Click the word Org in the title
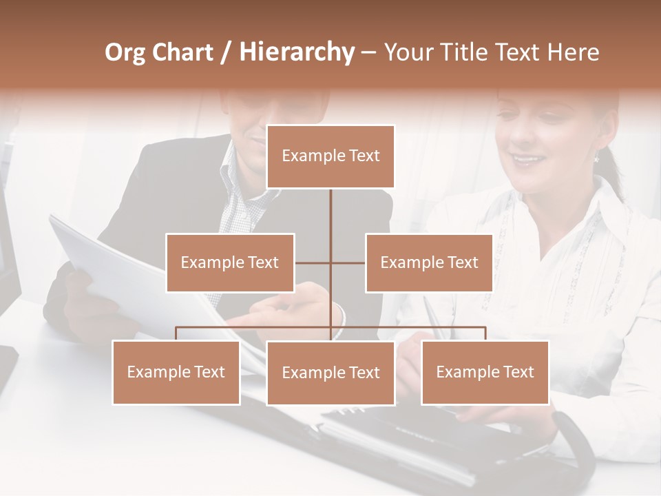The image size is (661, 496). (125, 52)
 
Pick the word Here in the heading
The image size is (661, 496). (573, 52)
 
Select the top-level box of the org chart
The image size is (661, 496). (330, 156)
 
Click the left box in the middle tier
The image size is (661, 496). (230, 262)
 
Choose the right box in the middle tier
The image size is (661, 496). (429, 262)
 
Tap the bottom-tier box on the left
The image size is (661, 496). (176, 372)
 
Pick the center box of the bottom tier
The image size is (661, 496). (330, 373)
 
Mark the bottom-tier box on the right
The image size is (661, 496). (485, 372)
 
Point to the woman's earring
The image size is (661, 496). (597, 158)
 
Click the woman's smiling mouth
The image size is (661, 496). (529, 160)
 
